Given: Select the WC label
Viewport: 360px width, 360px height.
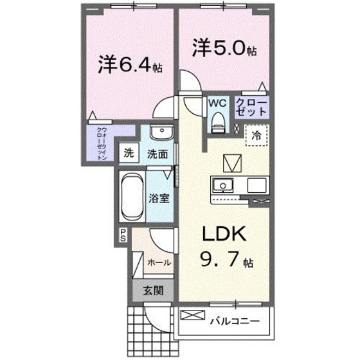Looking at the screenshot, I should [x=215, y=103].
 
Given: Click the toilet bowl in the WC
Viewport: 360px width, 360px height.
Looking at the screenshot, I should [x=218, y=121].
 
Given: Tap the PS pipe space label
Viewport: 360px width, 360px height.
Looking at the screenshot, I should [x=122, y=236].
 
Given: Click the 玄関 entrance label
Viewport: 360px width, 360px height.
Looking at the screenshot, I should [x=152, y=290].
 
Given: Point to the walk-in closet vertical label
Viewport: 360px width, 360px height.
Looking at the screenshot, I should [x=102, y=145].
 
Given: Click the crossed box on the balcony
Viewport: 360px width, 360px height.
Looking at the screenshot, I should [x=193, y=317].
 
